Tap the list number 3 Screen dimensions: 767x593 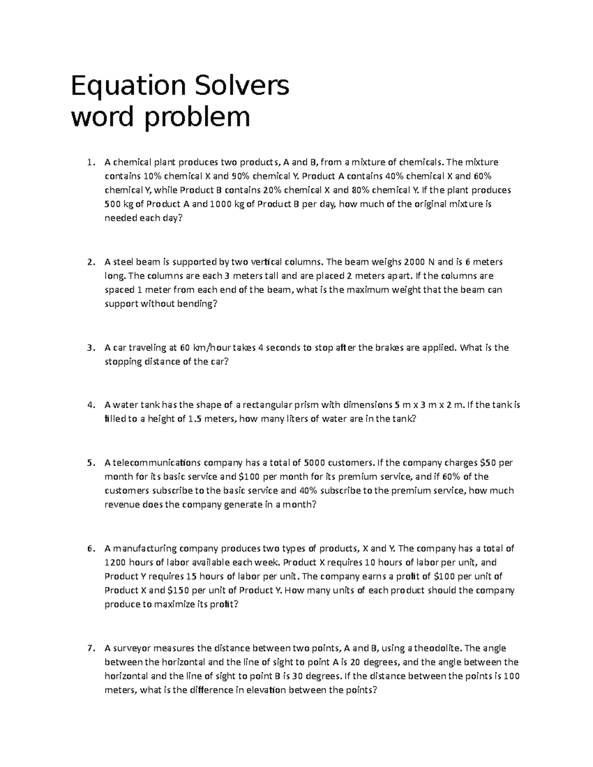[x=89, y=348]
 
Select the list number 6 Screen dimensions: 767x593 [x=89, y=548]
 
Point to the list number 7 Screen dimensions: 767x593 [x=89, y=648]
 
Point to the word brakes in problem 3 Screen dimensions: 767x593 [x=388, y=348]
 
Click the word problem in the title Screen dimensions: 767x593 [x=197, y=117]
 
